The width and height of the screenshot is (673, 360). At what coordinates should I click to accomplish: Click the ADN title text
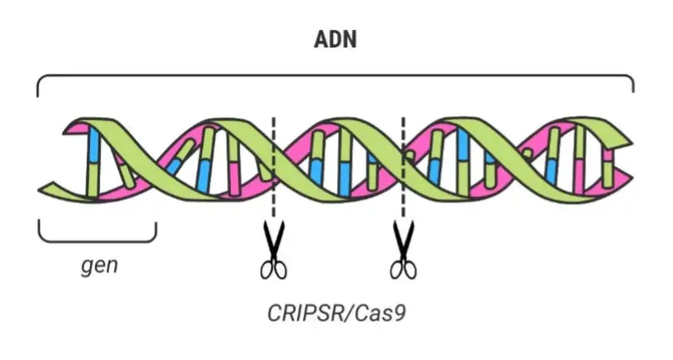tap(335, 39)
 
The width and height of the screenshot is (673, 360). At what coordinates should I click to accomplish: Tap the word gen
tap(99, 265)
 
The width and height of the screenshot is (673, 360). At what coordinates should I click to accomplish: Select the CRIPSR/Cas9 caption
tap(336, 313)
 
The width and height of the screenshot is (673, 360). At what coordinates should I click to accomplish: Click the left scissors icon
tap(274, 249)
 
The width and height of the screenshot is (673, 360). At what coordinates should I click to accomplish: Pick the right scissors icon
tap(403, 249)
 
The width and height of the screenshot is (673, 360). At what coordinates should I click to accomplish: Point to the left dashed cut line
tap(274, 166)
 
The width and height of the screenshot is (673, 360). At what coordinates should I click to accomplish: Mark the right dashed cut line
tap(403, 166)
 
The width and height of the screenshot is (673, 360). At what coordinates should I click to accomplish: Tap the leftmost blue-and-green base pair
tap(93, 163)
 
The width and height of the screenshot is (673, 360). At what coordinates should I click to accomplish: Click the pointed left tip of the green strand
tap(39, 190)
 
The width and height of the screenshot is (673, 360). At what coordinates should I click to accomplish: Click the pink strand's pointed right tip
tap(631, 177)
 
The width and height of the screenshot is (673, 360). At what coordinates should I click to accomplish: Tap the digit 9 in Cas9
tap(399, 313)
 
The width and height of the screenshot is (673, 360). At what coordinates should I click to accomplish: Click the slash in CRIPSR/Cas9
tap(349, 313)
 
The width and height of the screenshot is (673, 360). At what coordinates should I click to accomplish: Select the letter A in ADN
tap(321, 39)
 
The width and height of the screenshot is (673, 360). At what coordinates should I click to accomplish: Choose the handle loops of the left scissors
tap(274, 270)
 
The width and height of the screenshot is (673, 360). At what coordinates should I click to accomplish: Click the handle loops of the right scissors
tap(403, 270)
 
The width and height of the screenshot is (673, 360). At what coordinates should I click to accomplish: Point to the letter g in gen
tap(87, 267)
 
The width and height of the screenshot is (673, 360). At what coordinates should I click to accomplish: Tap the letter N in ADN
tap(349, 39)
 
